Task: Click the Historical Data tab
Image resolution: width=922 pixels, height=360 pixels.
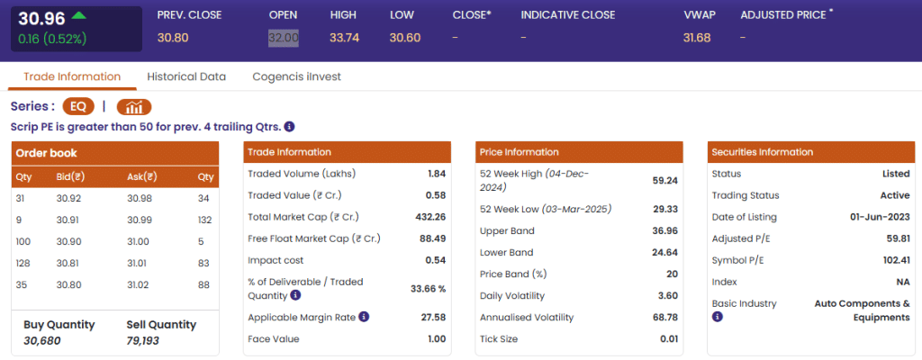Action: (x=186, y=76)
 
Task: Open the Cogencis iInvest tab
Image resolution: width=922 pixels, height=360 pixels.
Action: (x=297, y=76)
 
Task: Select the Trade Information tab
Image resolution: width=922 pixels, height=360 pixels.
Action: (x=72, y=76)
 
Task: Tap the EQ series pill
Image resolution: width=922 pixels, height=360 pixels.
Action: (x=78, y=106)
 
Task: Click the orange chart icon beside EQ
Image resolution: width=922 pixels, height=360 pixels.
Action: (x=133, y=106)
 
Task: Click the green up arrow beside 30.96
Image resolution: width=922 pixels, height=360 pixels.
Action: (x=78, y=15)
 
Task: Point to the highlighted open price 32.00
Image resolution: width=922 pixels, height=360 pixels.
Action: (x=284, y=37)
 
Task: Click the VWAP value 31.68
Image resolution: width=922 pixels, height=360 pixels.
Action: (x=697, y=37)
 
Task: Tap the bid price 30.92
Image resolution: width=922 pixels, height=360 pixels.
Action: (x=68, y=198)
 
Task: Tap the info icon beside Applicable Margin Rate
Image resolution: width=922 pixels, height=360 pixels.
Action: (x=364, y=317)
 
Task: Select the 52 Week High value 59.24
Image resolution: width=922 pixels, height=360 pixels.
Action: (x=665, y=180)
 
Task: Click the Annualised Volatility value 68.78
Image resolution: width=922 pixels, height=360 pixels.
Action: (x=665, y=318)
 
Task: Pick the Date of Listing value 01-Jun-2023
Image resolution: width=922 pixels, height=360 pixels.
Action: (x=880, y=217)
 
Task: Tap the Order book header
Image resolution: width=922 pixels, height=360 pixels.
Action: (x=47, y=153)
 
